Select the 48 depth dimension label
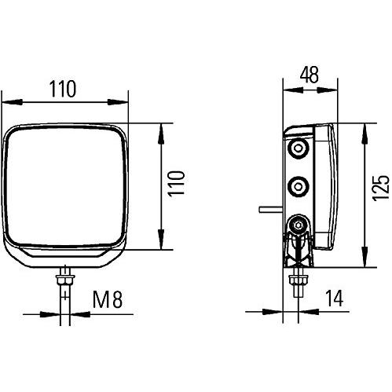click(x=310, y=75)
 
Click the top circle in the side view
click(x=298, y=149)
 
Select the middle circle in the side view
click(x=299, y=187)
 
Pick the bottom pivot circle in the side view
click(x=299, y=227)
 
